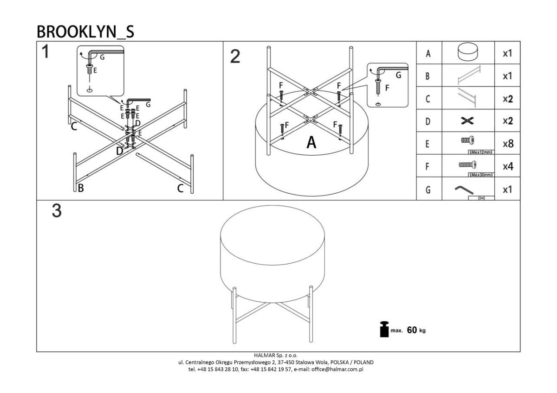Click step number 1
tap(45, 52)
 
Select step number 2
tap(235, 57)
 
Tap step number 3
tap(56, 211)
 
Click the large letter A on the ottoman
tap(311, 143)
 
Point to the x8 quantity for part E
tap(508, 144)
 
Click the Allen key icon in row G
tap(464, 189)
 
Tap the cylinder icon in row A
tap(467, 53)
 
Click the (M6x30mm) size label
tap(480, 175)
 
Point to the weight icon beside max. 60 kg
tap(384, 330)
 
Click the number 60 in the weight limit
tap(412, 330)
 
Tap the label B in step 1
tap(81, 188)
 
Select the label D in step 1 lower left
tap(120, 151)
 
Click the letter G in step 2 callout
tap(398, 75)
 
